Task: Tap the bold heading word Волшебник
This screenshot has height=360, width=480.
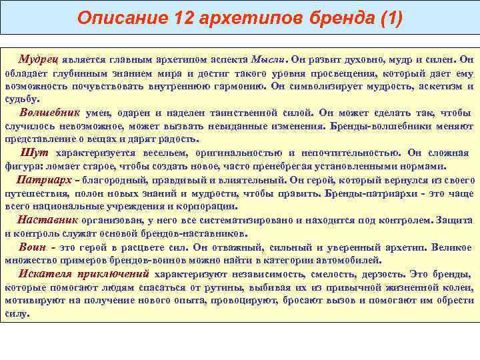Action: [50, 112]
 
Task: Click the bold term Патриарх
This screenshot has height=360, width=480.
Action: [45, 180]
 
